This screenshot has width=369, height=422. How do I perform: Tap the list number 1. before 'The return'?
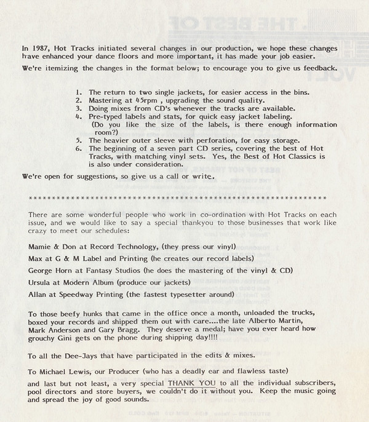[x=77, y=92]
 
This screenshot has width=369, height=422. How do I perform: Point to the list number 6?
[x=77, y=148]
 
